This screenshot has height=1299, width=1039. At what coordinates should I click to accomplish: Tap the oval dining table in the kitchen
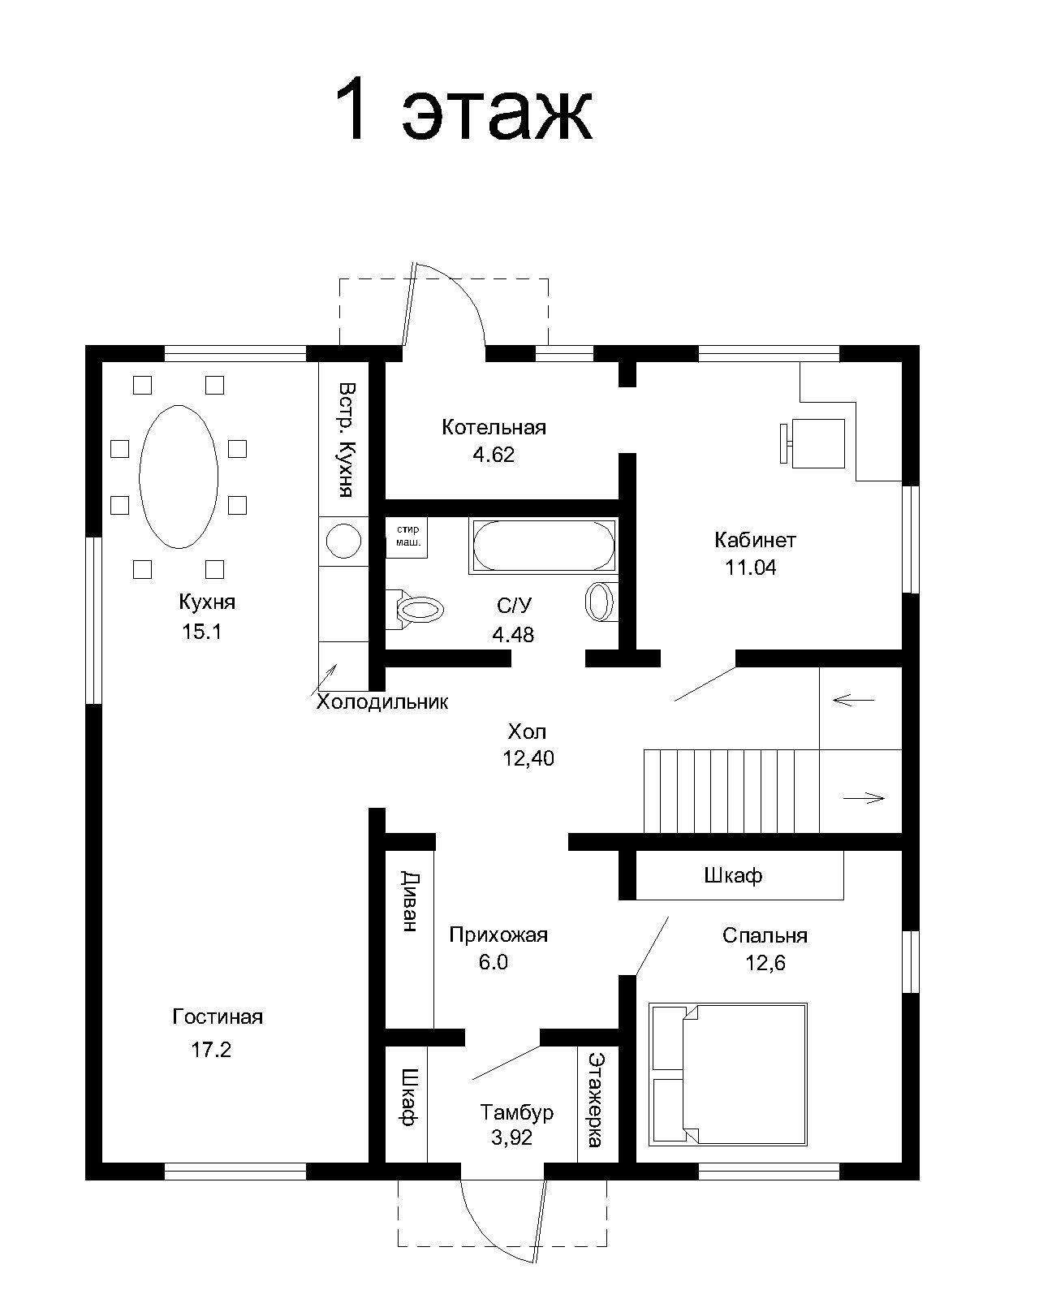179,477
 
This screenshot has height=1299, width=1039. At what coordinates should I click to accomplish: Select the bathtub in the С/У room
543,546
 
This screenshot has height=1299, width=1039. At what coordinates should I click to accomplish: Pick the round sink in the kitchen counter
343,541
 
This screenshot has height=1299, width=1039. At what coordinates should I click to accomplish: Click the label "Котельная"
494,427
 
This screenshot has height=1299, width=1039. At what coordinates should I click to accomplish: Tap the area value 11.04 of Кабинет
751,568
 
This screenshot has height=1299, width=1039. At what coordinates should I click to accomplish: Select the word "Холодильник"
382,701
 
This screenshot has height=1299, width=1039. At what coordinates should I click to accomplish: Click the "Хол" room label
527,731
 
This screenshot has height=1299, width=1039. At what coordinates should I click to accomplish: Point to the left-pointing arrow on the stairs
853,699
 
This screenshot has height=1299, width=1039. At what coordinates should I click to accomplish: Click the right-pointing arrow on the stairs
864,798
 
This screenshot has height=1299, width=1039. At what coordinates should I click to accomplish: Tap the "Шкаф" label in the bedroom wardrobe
733,875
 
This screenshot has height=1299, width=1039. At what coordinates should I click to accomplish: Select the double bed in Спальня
728,1074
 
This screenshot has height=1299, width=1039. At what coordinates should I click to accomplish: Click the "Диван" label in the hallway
410,901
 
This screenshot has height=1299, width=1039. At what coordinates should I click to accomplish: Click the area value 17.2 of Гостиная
211,1050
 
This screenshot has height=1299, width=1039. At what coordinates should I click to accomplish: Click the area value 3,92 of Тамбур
511,1137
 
